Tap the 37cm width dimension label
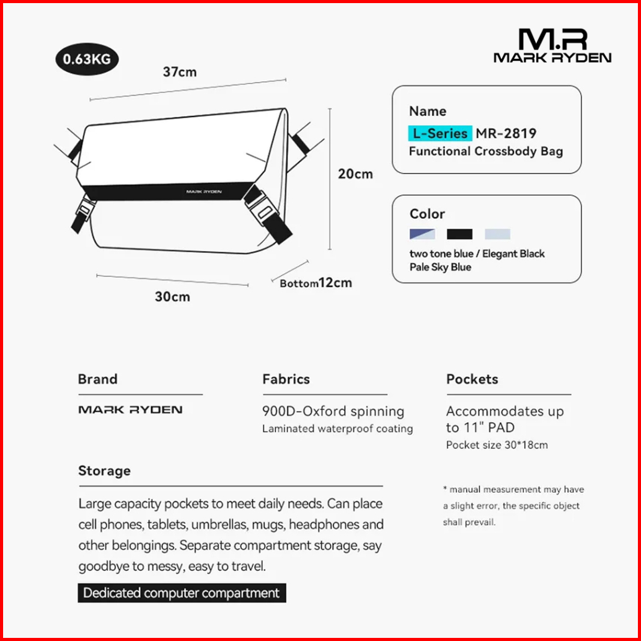(180, 72)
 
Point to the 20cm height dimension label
(355, 174)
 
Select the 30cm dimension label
(172, 296)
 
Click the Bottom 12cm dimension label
(316, 283)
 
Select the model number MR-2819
(506, 133)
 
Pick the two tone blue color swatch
(422, 234)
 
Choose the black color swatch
(460, 234)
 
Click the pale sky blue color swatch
(497, 234)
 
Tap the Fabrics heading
(286, 379)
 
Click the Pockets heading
(472, 379)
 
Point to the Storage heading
(104, 471)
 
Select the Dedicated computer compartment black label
(182, 593)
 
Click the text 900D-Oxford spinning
(333, 412)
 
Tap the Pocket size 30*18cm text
(497, 444)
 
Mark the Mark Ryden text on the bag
(203, 192)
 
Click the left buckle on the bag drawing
(81, 213)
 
